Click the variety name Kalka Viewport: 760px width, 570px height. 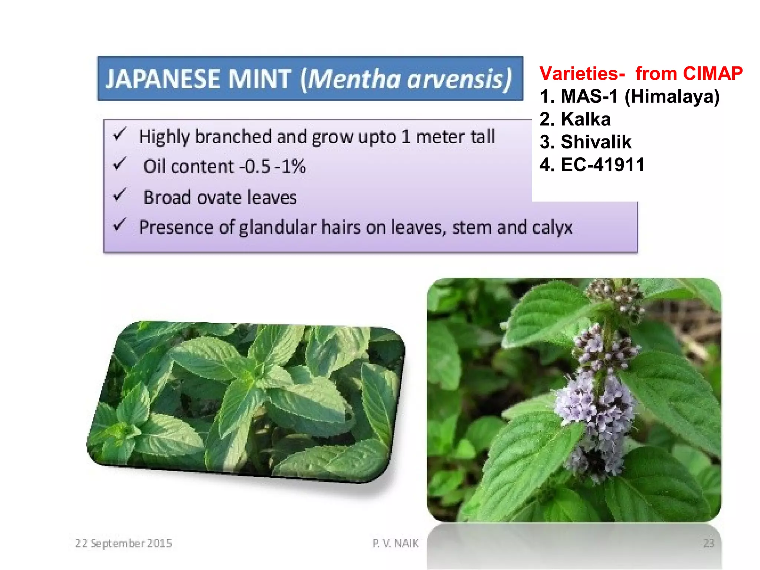coord(586,119)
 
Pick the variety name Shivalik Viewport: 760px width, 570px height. coord(596,142)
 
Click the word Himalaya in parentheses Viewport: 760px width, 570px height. coord(672,96)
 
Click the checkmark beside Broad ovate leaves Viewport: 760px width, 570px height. coord(120,195)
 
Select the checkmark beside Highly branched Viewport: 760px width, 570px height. coord(120,134)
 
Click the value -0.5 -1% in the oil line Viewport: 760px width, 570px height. coord(273,166)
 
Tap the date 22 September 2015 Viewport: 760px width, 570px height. coord(124,543)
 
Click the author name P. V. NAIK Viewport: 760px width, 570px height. coord(396,543)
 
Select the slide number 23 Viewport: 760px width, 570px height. coord(708,543)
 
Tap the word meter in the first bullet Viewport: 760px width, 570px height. coord(440,137)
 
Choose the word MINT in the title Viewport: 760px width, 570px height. coord(260,79)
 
